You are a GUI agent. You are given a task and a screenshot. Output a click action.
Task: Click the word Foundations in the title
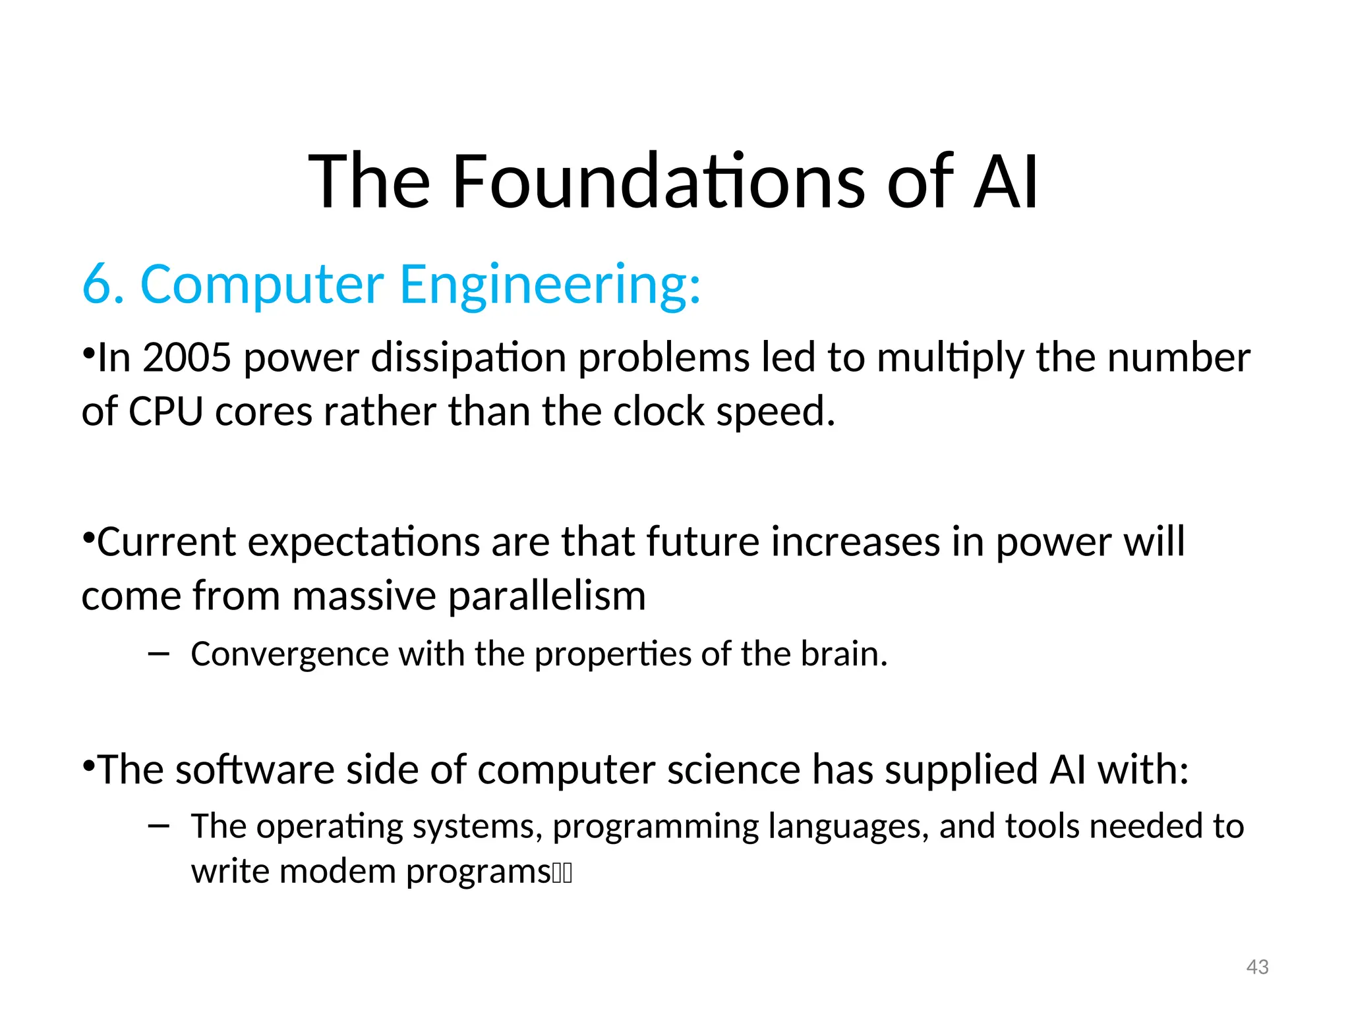tap(658, 181)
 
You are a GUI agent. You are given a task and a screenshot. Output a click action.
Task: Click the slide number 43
tap(1257, 967)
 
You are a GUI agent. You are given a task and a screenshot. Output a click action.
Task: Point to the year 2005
tap(187, 358)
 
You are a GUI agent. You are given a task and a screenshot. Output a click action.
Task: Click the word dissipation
tap(468, 358)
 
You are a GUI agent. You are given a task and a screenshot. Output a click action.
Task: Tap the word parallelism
tap(547, 596)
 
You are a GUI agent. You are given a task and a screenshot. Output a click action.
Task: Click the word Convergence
tap(289, 654)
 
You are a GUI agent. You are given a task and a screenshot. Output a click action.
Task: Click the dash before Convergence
tap(159, 654)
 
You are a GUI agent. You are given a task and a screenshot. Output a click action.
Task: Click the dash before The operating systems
tap(159, 826)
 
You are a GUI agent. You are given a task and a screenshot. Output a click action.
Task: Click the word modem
tap(337, 871)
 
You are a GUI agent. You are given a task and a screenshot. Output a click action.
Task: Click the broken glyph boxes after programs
tap(562, 873)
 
